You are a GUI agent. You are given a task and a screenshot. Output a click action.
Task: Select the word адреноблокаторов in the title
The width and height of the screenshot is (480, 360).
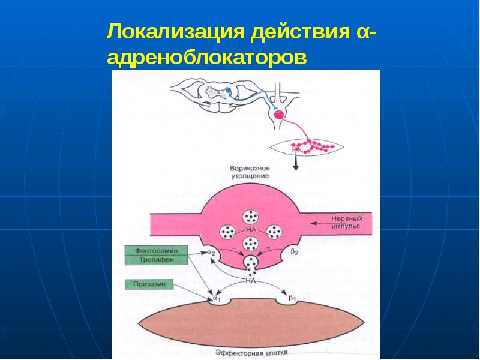point(206,59)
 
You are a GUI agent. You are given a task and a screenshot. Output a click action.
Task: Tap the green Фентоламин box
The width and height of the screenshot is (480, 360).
point(155,250)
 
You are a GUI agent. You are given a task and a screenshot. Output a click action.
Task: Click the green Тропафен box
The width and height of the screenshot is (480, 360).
point(155,260)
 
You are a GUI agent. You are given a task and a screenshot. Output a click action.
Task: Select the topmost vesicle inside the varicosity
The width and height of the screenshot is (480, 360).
point(250,217)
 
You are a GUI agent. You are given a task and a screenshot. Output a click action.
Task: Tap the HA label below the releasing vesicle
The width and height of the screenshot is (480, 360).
point(250,279)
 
